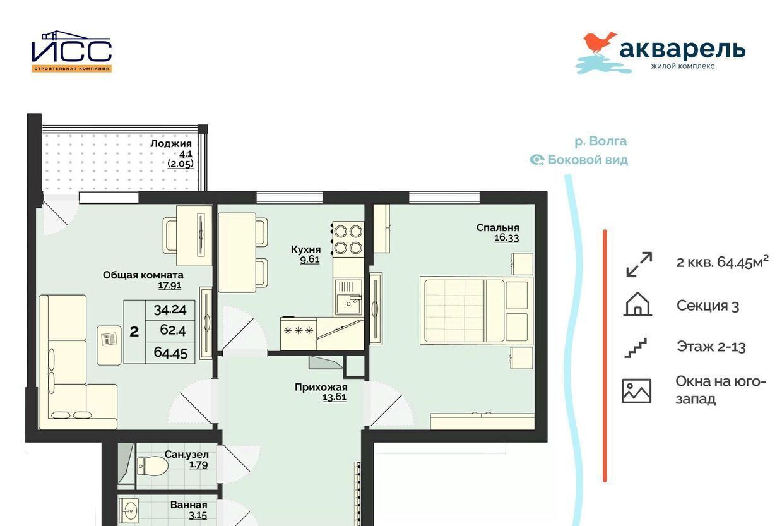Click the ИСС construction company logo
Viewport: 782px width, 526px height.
click(x=71, y=51)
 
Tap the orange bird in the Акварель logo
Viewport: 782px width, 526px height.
click(x=600, y=44)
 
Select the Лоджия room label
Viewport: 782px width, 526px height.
click(x=171, y=143)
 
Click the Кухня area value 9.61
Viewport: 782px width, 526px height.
click(x=310, y=260)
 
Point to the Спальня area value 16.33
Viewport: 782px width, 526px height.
click(x=507, y=237)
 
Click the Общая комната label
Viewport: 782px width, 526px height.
click(x=143, y=275)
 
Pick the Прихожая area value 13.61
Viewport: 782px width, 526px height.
click(x=335, y=397)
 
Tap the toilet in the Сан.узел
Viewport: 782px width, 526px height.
click(x=153, y=466)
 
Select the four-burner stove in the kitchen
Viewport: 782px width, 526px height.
click(x=348, y=239)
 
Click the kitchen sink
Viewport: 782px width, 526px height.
click(x=349, y=297)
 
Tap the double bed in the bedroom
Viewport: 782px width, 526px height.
click(x=477, y=309)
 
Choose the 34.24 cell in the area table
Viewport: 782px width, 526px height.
click(x=170, y=310)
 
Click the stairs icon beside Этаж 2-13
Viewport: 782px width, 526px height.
click(x=636, y=347)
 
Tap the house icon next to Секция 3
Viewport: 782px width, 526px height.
click(x=637, y=304)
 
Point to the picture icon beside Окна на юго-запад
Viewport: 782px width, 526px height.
click(x=636, y=391)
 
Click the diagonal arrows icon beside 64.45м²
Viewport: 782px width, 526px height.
click(x=639, y=265)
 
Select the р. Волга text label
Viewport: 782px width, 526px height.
click(x=600, y=141)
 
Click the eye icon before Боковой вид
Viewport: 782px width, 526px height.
click(x=536, y=160)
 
